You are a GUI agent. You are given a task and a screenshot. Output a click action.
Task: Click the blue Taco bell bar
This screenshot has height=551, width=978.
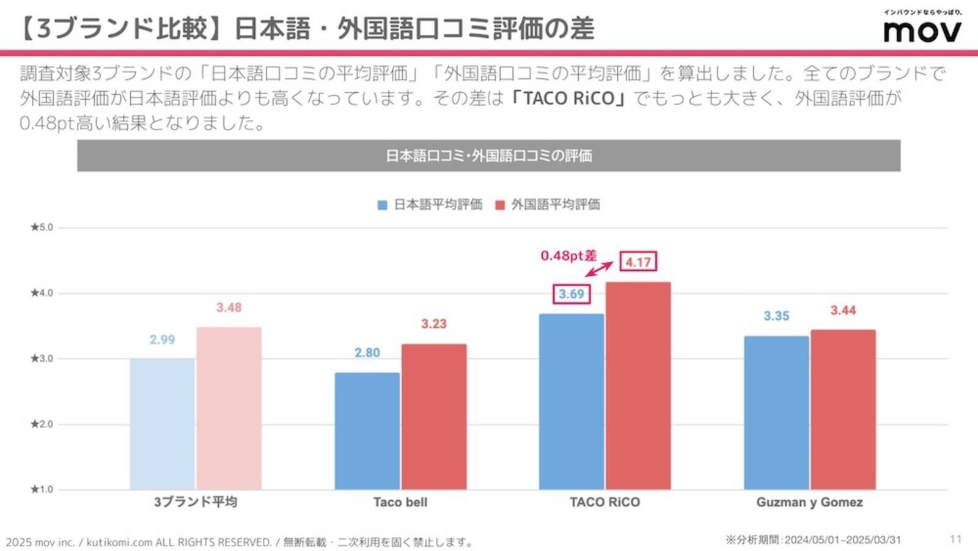pos(367,431)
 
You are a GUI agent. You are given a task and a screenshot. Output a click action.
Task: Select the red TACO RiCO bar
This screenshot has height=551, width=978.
pos(638,385)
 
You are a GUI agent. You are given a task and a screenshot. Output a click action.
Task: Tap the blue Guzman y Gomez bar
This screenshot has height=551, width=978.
pos(776,412)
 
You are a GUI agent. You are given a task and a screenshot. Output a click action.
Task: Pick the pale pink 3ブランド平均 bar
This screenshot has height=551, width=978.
pos(229,408)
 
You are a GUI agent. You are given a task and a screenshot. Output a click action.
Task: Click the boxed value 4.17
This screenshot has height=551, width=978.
pos(638,262)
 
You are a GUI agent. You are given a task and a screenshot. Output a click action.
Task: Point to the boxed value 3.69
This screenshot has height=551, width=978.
pos(572,294)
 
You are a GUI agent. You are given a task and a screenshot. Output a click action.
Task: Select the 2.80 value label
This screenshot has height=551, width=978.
pos(367,353)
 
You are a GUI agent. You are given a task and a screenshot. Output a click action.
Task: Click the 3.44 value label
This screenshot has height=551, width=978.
pos(843,311)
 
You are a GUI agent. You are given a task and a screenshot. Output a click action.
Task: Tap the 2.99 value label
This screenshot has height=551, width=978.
pos(162,340)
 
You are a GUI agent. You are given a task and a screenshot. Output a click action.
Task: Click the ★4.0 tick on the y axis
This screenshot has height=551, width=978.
pos(42,293)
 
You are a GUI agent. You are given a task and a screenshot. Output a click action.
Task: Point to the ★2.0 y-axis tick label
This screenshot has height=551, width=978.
pos(42,424)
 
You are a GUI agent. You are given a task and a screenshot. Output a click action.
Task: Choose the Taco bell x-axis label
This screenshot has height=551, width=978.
pos(400,502)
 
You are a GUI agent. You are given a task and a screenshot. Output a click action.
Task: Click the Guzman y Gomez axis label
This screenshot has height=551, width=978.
pos(809,502)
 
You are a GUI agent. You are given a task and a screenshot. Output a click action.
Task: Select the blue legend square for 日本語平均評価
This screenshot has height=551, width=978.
pos(383,205)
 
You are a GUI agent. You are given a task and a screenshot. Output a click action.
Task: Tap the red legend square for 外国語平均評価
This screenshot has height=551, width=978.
pos(500,205)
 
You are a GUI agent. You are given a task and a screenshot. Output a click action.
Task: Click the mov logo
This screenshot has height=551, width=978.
pos(922,31)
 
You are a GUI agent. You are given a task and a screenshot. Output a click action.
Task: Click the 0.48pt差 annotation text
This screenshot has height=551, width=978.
pos(568,256)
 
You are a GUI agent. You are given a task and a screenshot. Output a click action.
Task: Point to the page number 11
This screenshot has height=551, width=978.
pos(955,539)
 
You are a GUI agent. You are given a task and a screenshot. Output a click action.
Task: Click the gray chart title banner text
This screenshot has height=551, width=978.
pos(488,156)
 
